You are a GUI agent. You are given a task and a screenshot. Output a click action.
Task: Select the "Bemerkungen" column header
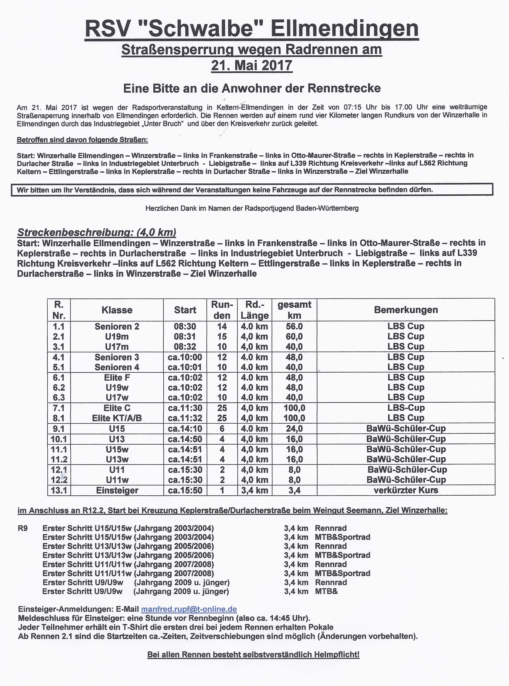[406, 310]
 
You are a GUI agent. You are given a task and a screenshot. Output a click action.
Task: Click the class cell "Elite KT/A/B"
[117, 418]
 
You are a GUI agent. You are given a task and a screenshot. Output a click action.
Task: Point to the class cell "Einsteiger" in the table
[117, 490]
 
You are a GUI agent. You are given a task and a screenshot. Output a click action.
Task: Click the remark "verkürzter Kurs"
[406, 490]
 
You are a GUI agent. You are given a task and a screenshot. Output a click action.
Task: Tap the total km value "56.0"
[294, 326]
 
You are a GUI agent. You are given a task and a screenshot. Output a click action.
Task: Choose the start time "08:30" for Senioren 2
[185, 326]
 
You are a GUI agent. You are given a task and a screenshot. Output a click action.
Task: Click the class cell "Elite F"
[117, 377]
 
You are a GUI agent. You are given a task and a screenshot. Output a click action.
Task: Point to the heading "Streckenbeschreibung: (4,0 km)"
[96, 232]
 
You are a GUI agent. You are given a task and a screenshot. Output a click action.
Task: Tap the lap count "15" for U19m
[222, 336]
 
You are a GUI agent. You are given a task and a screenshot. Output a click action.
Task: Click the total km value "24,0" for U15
[294, 429]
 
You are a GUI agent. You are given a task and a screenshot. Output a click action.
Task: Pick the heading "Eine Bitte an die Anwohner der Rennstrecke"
[252, 89]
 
